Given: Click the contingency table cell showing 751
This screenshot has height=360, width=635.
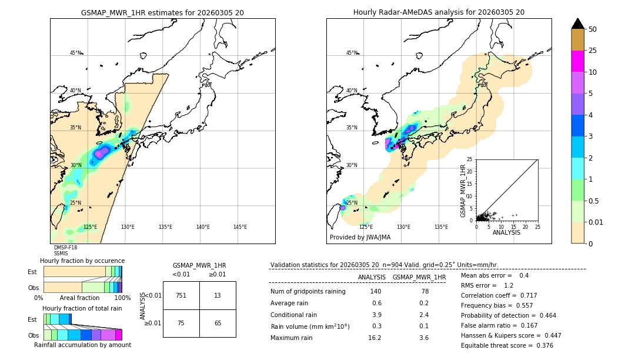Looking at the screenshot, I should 181,295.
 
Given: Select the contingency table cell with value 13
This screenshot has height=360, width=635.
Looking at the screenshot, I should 218,295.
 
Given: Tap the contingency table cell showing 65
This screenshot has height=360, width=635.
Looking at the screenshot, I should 218,323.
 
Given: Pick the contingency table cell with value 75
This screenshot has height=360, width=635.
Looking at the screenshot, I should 181,323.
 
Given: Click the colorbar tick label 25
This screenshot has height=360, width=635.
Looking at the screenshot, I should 593,51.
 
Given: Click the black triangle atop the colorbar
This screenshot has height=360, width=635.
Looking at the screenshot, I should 577,24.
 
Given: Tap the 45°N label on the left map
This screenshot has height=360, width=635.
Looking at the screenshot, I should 75,53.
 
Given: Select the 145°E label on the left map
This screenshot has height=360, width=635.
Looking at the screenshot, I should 240,227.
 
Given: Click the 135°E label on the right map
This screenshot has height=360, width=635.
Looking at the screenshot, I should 441,227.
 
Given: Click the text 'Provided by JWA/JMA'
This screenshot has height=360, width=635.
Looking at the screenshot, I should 360,238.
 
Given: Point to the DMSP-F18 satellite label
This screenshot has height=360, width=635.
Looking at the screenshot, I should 65,248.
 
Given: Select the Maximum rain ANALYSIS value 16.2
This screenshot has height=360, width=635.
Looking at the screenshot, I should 375,338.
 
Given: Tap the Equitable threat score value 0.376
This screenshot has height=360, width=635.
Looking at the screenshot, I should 541,345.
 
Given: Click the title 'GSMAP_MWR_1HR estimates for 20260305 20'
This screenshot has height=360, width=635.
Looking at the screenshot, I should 162,12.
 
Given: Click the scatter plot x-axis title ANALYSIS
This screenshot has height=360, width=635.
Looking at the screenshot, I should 506,232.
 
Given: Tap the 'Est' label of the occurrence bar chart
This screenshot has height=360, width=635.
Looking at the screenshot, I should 32,272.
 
